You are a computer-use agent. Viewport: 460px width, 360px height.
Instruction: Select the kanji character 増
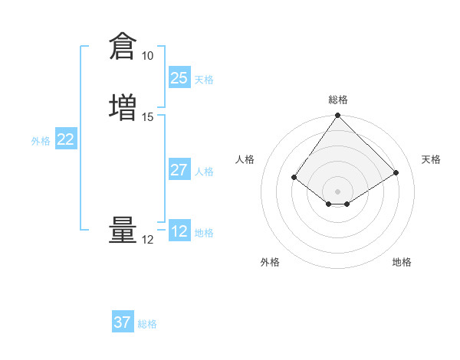click(x=123, y=106)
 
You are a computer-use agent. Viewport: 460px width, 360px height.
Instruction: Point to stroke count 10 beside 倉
click(x=147, y=56)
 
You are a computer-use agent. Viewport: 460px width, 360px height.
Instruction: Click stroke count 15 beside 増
click(x=147, y=117)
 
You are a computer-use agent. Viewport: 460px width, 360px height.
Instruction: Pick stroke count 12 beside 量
click(x=147, y=240)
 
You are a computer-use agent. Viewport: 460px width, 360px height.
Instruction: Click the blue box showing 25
click(x=179, y=78)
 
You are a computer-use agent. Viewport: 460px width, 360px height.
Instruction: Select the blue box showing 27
click(x=179, y=170)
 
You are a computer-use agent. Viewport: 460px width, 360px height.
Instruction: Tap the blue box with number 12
click(x=179, y=231)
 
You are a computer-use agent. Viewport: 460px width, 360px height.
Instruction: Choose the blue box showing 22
click(x=66, y=139)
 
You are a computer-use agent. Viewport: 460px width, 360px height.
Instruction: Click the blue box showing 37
click(x=123, y=322)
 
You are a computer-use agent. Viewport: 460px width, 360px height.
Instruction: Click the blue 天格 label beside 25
click(x=204, y=80)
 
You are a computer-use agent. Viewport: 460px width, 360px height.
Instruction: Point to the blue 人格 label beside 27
click(x=204, y=172)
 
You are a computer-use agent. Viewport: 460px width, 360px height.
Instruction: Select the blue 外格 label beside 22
click(x=41, y=141)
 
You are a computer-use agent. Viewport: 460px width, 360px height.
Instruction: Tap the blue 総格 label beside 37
click(x=147, y=324)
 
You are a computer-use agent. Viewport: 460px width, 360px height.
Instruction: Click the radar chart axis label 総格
click(x=337, y=100)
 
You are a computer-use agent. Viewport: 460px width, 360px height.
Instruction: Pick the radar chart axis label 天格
click(x=431, y=159)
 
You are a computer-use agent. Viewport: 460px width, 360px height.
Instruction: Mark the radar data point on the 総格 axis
click(x=337, y=116)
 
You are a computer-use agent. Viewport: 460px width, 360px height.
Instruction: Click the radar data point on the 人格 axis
click(x=294, y=177)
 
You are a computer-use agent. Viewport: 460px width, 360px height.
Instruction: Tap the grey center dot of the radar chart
click(x=337, y=191)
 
